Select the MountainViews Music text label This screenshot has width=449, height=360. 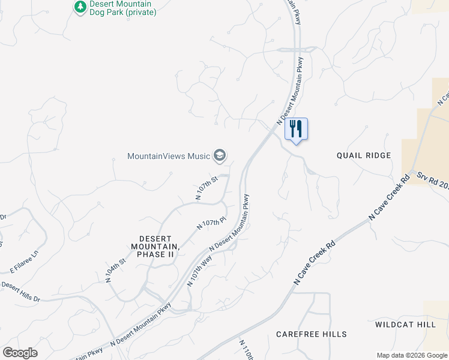click(x=169, y=156)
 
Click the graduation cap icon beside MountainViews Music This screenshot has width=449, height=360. click(x=220, y=156)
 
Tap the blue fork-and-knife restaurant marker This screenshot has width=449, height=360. click(x=296, y=129)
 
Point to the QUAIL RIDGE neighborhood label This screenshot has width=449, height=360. click(x=364, y=155)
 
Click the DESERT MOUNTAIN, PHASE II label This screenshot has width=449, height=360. click(x=156, y=242)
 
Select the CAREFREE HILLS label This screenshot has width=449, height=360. click(x=311, y=334)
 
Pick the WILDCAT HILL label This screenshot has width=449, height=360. click(x=405, y=324)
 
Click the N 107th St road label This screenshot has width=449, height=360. click(x=206, y=187)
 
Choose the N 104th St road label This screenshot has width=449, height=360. click(x=116, y=271)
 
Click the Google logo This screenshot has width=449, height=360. click(x=20, y=353)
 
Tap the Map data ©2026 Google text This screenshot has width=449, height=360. click(x=412, y=355)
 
